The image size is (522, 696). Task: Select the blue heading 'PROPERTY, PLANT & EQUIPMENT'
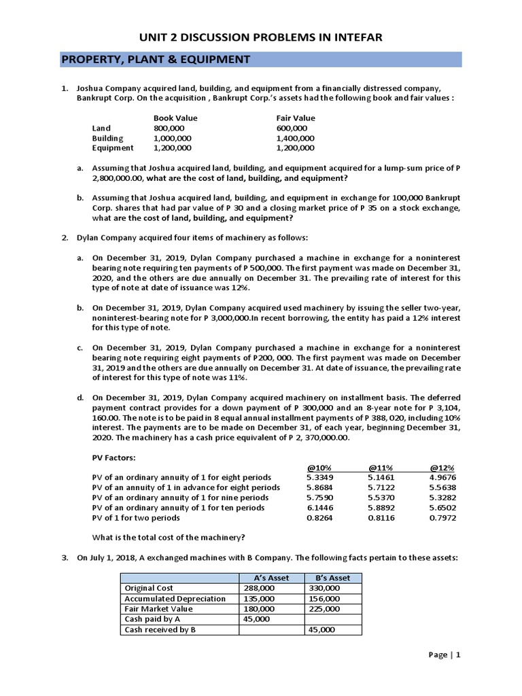(x=156, y=60)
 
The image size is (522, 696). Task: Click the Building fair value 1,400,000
(x=296, y=137)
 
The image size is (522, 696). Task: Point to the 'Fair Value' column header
(x=296, y=118)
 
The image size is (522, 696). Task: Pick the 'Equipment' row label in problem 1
(x=113, y=147)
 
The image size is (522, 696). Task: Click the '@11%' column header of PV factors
(x=381, y=468)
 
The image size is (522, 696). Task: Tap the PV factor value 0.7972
(x=443, y=517)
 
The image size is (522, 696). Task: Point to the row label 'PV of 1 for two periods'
(x=136, y=517)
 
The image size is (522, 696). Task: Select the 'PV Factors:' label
(x=115, y=458)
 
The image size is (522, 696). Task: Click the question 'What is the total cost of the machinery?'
(x=168, y=537)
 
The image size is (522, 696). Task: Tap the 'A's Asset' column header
(x=270, y=578)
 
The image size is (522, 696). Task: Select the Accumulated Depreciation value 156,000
(x=321, y=598)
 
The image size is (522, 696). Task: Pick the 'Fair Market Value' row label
(x=158, y=609)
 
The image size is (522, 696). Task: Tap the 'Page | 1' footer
(x=445, y=655)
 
